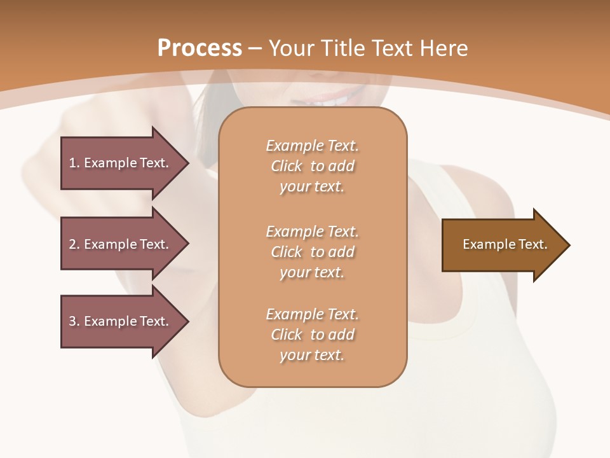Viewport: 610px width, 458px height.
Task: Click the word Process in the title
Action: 200,48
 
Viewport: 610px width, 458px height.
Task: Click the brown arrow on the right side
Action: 502,245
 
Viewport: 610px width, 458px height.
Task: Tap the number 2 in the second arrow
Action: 72,244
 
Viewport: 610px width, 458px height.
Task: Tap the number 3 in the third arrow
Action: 72,321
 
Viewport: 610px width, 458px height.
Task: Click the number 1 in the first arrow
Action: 72,163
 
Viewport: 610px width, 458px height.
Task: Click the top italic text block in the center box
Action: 312,166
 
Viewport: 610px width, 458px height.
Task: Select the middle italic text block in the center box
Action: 312,252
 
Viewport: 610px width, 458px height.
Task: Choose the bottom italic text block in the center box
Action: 312,335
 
